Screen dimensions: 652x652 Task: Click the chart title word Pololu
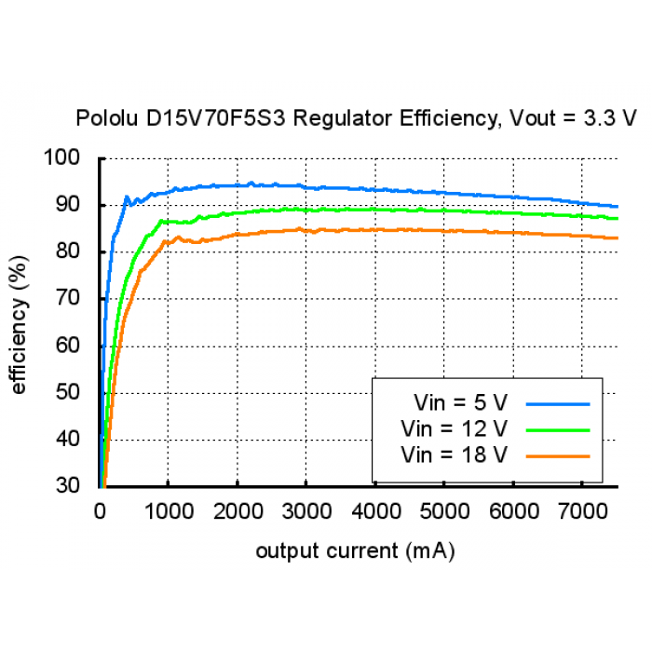coord(103,118)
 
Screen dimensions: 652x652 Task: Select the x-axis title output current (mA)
coord(355,550)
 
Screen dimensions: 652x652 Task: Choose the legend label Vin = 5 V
coord(461,403)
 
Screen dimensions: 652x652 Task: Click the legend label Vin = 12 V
coord(455,429)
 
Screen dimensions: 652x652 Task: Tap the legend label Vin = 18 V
coord(455,455)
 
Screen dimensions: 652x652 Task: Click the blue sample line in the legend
coord(558,404)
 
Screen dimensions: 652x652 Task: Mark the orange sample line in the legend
coord(558,456)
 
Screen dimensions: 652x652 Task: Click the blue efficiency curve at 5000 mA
coord(443,193)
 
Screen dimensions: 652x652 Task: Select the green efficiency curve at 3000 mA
coord(306,210)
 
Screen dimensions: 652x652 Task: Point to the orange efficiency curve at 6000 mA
coord(512,232)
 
